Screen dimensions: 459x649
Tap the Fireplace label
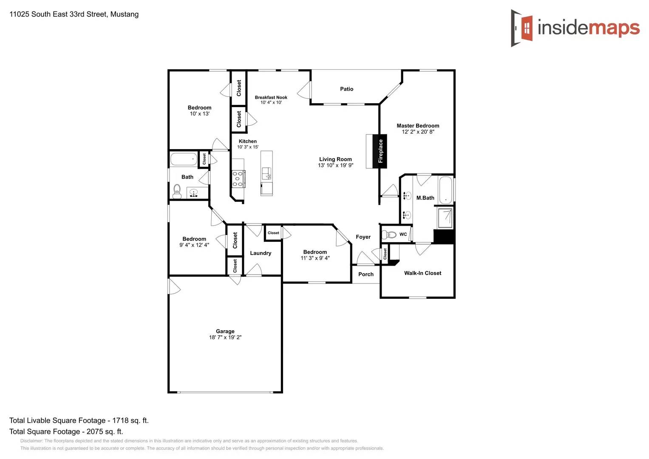point(380,151)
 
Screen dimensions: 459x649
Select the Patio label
point(346,89)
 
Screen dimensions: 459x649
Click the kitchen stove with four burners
point(238,178)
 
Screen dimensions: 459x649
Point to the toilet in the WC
point(389,235)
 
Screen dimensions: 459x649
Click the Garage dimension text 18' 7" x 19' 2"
point(225,337)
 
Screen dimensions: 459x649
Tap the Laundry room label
point(260,253)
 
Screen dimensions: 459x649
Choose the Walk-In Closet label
point(422,273)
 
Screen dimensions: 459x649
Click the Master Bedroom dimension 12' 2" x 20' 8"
point(418,132)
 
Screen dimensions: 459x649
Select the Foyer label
point(363,237)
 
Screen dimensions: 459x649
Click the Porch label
point(366,275)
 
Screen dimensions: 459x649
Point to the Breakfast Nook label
point(271,97)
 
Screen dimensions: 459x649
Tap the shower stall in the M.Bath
point(445,218)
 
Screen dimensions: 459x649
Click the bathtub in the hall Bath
point(184,159)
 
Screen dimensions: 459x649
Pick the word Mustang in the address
point(124,14)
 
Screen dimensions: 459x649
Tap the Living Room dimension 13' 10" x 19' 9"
point(335,165)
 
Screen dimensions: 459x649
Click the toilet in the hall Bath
point(177,192)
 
